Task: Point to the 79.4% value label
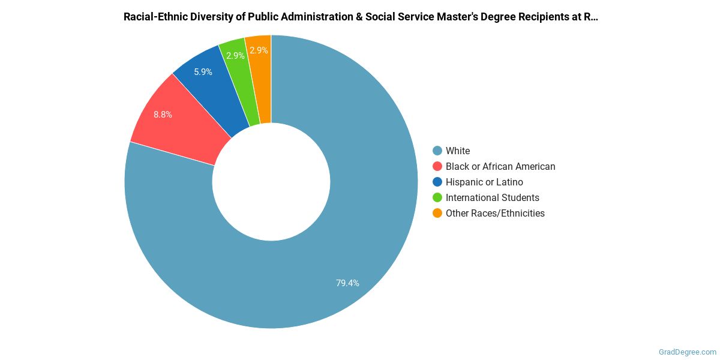click(x=347, y=283)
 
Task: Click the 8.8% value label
click(x=163, y=114)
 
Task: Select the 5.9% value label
click(x=203, y=72)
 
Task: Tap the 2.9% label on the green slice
click(x=235, y=56)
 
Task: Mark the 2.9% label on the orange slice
click(x=259, y=50)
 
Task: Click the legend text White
click(x=458, y=151)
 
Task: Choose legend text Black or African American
click(x=500, y=166)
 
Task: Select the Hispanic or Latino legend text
click(x=484, y=182)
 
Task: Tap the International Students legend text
click(x=492, y=197)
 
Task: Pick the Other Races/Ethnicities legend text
click(x=495, y=213)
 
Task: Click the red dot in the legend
click(x=437, y=166)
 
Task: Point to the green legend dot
click(x=437, y=197)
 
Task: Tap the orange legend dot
click(x=437, y=213)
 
